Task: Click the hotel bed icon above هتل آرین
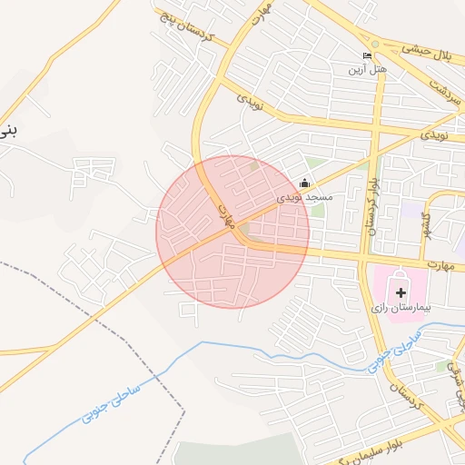coord(367,56)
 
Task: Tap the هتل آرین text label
coord(367,69)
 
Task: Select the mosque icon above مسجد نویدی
coord(304,184)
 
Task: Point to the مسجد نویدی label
coord(305,197)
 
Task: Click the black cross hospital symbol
coord(401,292)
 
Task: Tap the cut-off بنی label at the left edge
coord(7,130)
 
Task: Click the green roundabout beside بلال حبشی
coord(374,44)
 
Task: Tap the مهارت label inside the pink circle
coord(227,215)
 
